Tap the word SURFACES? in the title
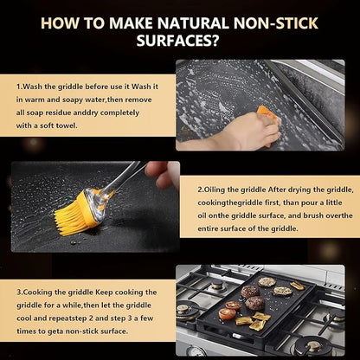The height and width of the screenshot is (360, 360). click(x=177, y=41)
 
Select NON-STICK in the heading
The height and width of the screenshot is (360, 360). click(x=276, y=23)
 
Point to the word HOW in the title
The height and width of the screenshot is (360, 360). click(x=59, y=23)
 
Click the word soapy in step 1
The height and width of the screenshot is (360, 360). click(x=73, y=100)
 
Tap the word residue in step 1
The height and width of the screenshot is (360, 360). click(x=58, y=112)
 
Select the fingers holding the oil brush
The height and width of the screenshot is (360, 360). click(x=163, y=175)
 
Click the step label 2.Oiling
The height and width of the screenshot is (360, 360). click(x=212, y=190)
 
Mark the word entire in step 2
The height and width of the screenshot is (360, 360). click(x=208, y=228)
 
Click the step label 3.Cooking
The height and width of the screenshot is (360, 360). click(x=35, y=292)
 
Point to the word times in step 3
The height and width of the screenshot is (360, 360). click(x=26, y=331)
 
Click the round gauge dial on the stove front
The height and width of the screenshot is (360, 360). click(x=196, y=351)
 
